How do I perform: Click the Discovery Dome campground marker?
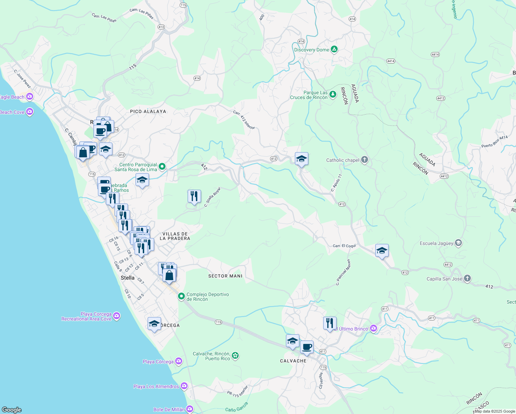334,49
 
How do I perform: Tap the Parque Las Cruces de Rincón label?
309,95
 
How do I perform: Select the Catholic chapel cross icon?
365,160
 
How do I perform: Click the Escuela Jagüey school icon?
458,243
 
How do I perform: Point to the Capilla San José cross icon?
467,278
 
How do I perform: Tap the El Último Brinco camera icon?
373,328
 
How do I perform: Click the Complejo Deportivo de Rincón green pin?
181,296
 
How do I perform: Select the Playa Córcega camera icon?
178,361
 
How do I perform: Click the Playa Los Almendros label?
156,386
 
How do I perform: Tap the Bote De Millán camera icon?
190,409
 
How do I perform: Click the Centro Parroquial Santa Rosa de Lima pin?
162,167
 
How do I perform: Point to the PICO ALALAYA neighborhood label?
148,111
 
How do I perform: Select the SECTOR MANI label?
225,276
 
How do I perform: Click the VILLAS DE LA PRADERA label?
175,236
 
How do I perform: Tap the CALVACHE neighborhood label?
293,361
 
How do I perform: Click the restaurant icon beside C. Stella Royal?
194,196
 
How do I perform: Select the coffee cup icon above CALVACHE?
306,347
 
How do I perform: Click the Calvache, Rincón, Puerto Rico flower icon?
235,355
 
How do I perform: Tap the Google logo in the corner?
12,410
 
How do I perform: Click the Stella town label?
128,278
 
